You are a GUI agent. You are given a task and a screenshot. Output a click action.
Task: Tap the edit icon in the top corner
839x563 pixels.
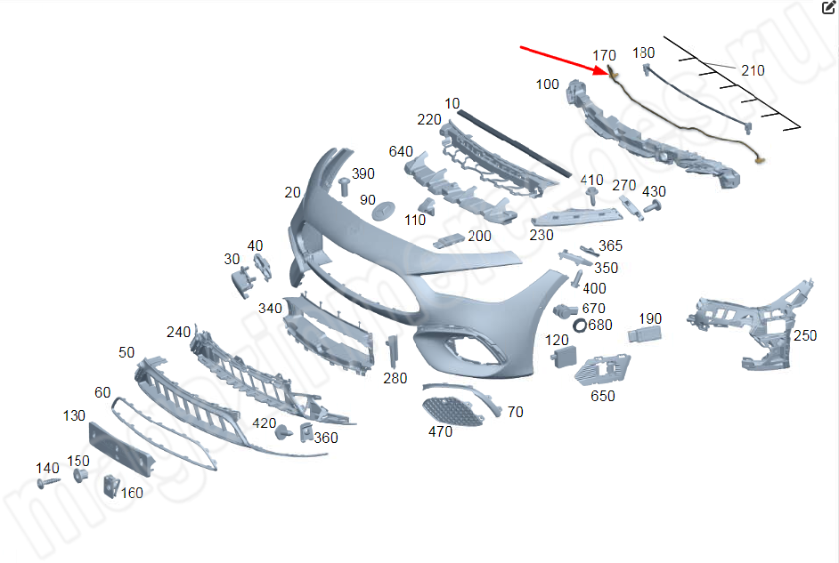827,8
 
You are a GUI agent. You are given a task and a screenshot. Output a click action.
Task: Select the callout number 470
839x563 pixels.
440,432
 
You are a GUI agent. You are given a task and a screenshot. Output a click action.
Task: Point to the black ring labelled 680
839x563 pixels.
579,326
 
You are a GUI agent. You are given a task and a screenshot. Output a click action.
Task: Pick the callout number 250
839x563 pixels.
804,335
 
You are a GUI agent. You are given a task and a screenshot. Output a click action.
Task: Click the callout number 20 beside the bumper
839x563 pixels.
292,192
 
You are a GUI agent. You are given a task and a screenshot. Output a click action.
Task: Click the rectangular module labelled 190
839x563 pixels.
642,334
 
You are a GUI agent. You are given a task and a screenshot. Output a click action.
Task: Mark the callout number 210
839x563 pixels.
753,70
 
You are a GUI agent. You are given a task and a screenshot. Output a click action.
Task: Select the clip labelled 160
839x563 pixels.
111,485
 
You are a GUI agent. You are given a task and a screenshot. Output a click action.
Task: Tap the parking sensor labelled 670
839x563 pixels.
563,311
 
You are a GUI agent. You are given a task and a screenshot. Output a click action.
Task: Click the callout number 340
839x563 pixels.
270,308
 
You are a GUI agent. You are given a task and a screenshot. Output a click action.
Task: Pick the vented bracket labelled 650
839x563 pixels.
600,371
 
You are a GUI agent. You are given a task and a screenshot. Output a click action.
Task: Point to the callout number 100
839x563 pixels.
548,84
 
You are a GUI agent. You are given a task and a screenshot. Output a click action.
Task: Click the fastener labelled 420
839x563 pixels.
284,432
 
